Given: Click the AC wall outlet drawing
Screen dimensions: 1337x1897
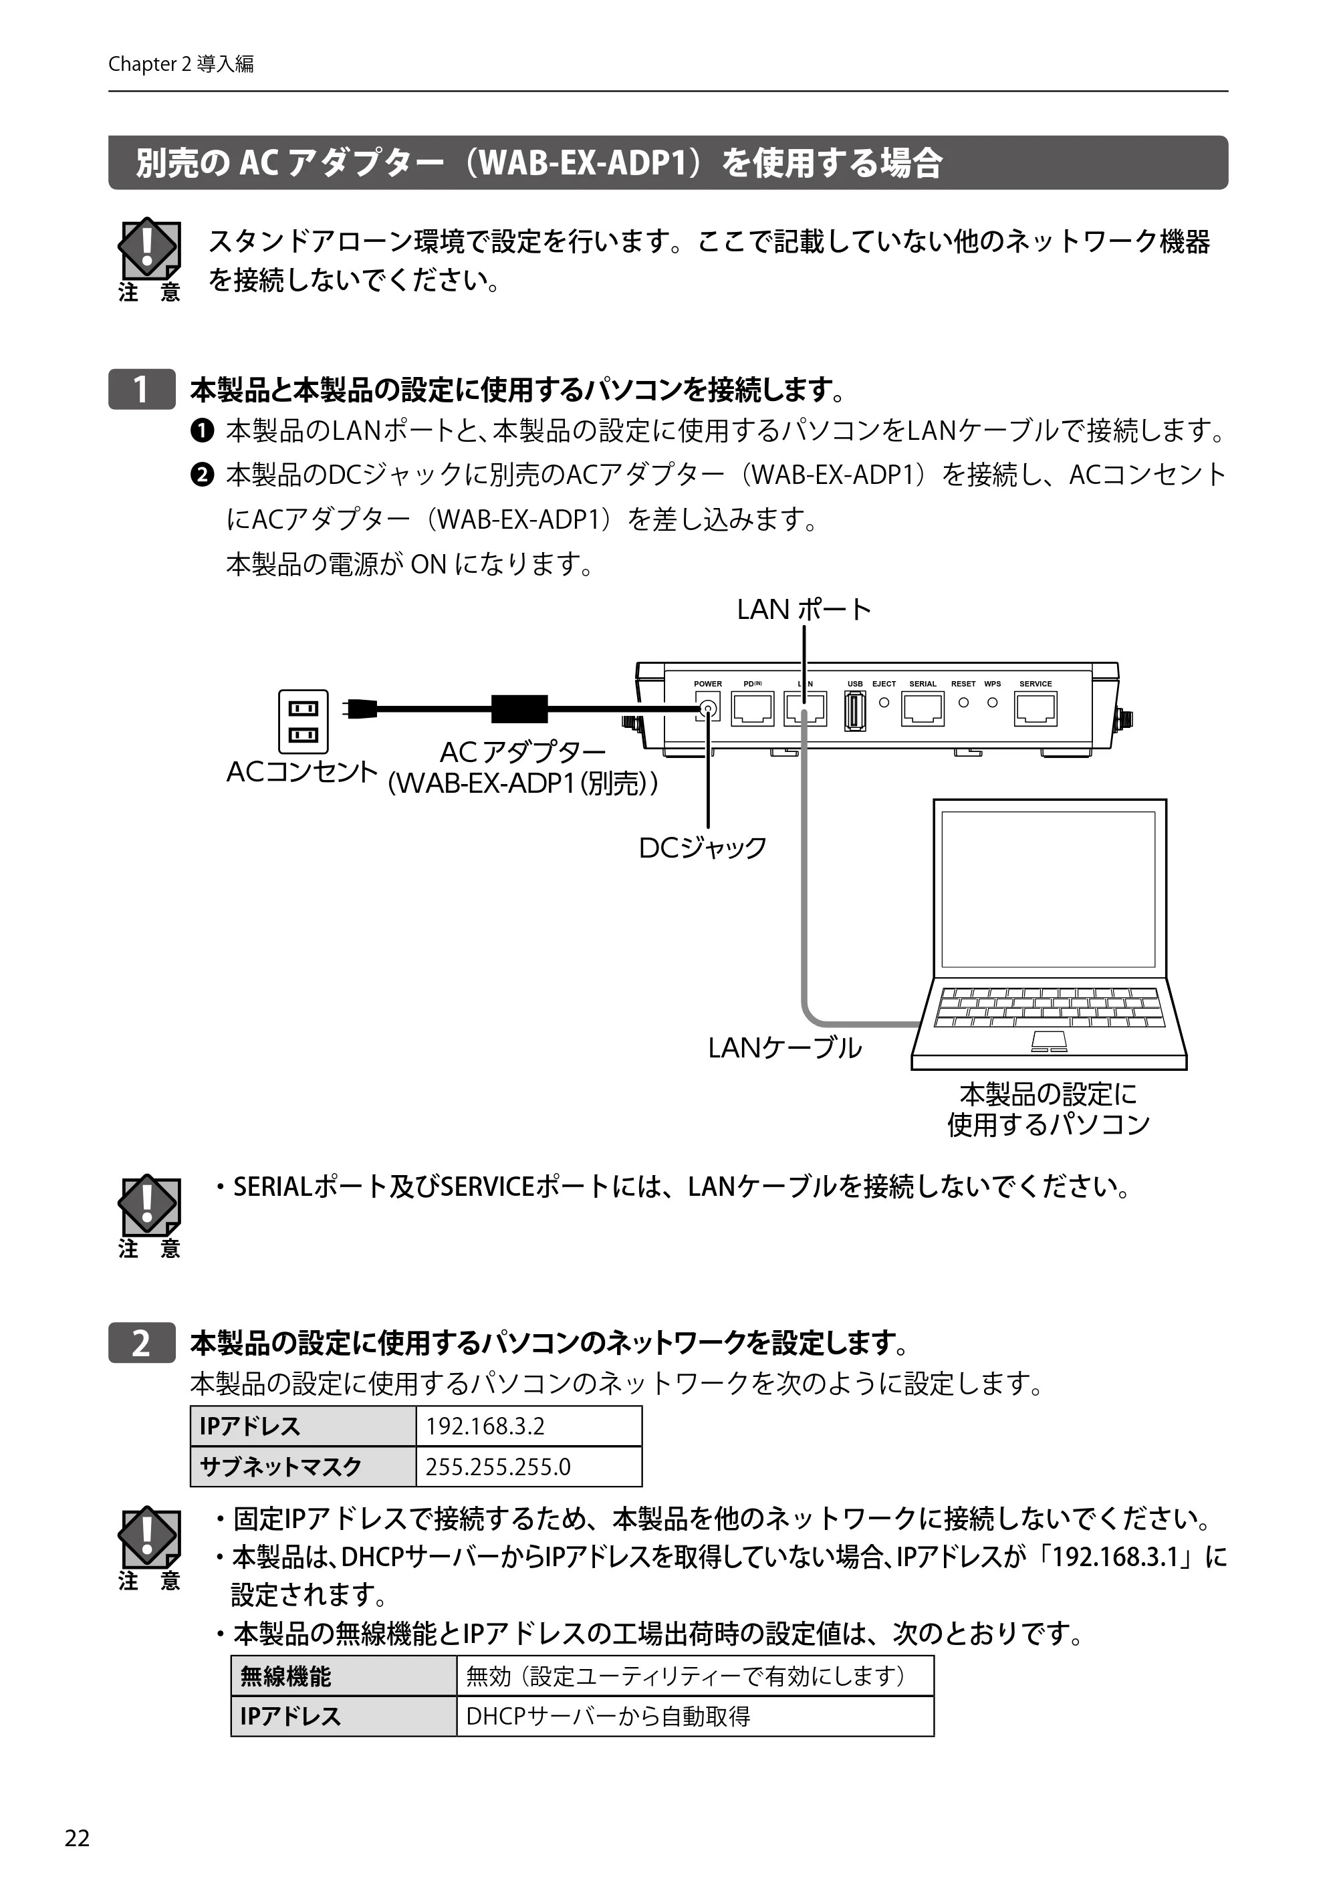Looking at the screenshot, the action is (x=302, y=721).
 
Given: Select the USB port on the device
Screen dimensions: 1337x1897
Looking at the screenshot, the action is (x=854, y=711).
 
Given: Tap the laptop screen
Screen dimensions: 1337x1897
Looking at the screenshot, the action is (x=1049, y=889).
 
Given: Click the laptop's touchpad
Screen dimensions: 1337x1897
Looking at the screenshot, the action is (x=1050, y=1041).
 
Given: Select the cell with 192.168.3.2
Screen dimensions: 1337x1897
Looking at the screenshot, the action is (x=529, y=1425).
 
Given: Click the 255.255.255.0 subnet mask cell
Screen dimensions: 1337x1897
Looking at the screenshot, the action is (x=529, y=1466).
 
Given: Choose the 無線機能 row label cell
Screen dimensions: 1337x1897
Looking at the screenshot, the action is (x=344, y=1676).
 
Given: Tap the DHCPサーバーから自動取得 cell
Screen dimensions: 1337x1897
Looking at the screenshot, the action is (x=695, y=1716).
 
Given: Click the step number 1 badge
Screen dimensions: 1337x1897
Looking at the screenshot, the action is (x=141, y=389).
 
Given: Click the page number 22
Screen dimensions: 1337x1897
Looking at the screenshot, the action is (x=77, y=1838).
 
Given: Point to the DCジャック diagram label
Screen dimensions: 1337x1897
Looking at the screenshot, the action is (x=703, y=848).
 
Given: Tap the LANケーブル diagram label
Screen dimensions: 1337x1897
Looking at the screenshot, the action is (x=785, y=1047).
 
